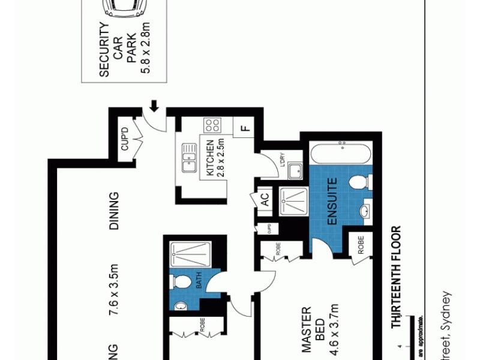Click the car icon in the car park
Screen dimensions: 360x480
click(124, 8)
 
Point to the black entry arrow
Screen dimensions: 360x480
click(154, 106)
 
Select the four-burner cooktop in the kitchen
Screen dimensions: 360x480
click(212, 125)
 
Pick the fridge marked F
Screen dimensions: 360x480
click(244, 128)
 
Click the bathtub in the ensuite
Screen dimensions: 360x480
click(340, 152)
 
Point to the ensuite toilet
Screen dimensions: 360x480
click(361, 181)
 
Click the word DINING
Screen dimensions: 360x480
click(113, 211)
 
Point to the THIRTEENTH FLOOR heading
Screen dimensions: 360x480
click(395, 277)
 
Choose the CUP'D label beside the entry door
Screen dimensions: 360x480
click(125, 140)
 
